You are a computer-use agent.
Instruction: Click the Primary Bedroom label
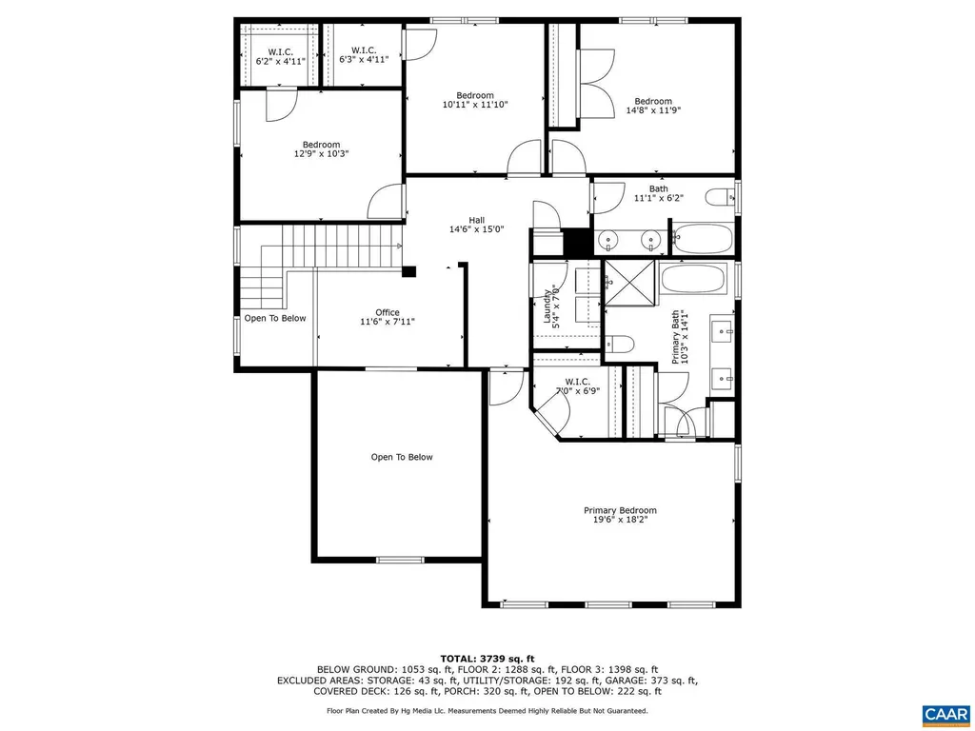pos(620,510)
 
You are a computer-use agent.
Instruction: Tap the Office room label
pos(387,312)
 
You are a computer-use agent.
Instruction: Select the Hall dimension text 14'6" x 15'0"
pos(475,229)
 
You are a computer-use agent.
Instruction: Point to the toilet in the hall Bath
pos(719,198)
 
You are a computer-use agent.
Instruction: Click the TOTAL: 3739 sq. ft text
pos(487,659)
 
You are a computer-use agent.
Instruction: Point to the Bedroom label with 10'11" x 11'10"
pos(474,95)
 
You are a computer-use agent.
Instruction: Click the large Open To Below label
pos(401,458)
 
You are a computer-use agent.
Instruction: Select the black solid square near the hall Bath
pos(576,244)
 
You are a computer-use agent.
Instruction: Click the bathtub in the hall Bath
pos(703,239)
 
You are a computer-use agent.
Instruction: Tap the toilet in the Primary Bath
pos(619,345)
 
